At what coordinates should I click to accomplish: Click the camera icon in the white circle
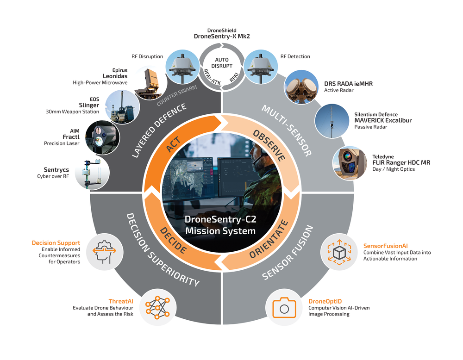284,308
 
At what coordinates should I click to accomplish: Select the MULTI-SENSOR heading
287,130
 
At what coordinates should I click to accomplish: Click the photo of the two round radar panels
301,86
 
